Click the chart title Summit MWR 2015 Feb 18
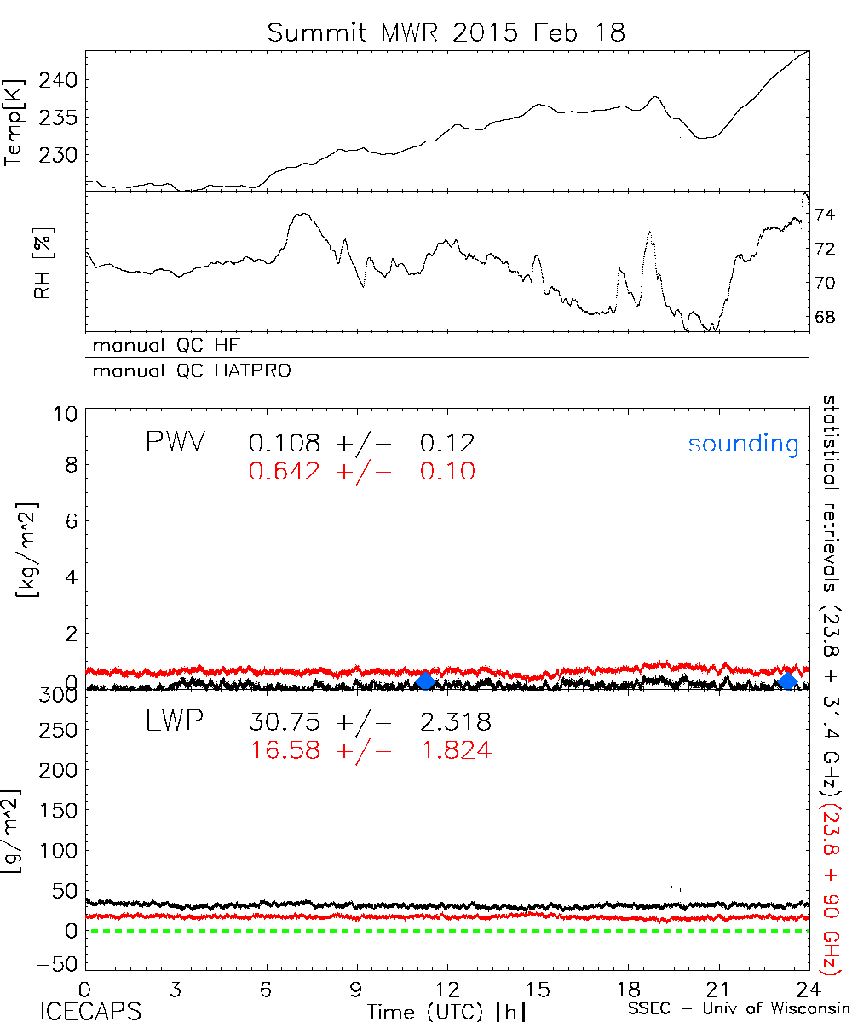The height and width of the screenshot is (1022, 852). pyautogui.click(x=446, y=33)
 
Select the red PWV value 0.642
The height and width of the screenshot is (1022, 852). pyautogui.click(x=285, y=471)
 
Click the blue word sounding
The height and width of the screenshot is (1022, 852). pyautogui.click(x=743, y=444)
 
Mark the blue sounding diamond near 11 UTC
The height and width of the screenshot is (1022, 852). pyautogui.click(x=425, y=681)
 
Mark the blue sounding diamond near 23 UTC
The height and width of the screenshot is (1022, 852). pyautogui.click(x=787, y=681)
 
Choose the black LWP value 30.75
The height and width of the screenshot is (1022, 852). pyautogui.click(x=285, y=722)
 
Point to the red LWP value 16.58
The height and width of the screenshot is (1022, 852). pyautogui.click(x=285, y=750)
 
